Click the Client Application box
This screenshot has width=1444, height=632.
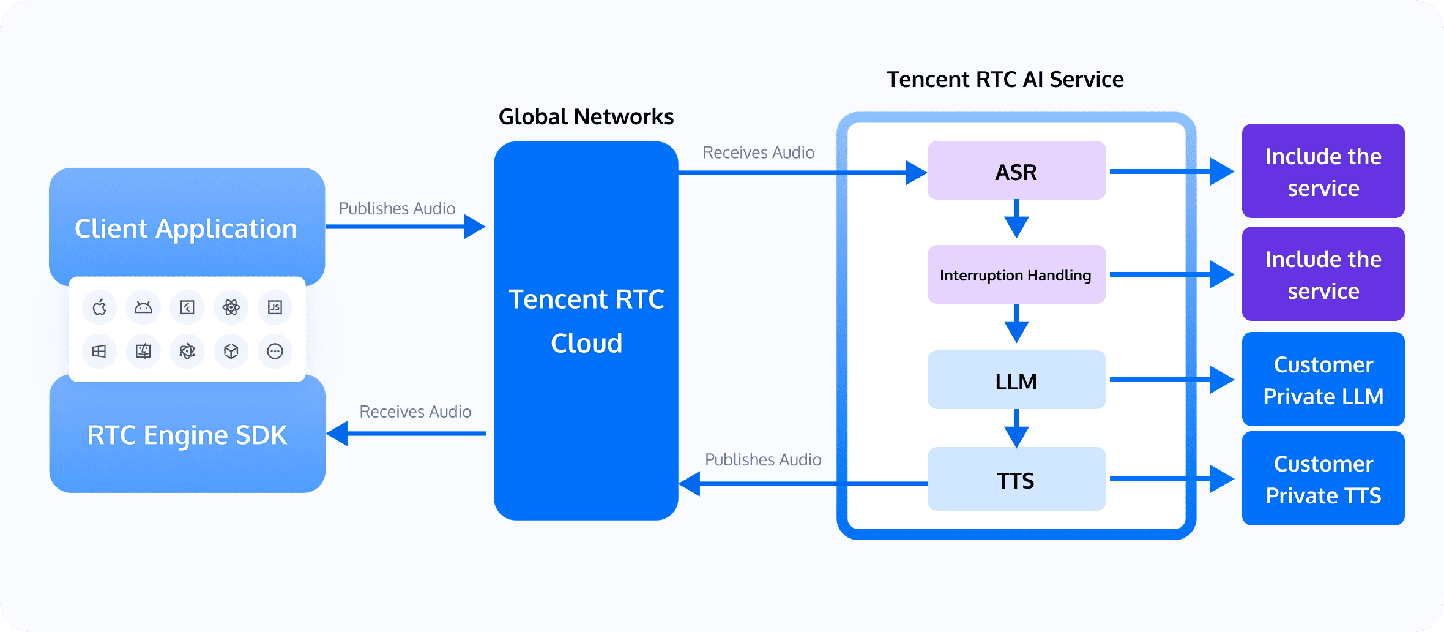186,228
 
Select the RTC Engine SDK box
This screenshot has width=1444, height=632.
187,435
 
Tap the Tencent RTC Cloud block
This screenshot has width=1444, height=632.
586,331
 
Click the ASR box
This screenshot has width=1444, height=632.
1016,171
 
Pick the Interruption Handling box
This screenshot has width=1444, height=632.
1016,275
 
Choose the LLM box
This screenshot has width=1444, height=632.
1016,380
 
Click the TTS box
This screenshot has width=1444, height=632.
1016,480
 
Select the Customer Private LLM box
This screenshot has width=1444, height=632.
1323,380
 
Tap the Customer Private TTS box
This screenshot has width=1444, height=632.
1323,479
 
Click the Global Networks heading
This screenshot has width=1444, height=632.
586,116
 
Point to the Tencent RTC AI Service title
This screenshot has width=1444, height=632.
1005,80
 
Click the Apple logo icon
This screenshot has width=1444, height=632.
99,307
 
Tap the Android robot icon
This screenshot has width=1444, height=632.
143,307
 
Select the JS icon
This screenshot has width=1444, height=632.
275,307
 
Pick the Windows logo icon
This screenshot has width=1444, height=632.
99,351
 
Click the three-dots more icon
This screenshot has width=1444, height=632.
275,351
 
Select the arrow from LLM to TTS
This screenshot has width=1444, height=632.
1016,429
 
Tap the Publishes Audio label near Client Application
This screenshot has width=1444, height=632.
397,209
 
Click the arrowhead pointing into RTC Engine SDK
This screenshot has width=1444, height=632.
338,434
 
